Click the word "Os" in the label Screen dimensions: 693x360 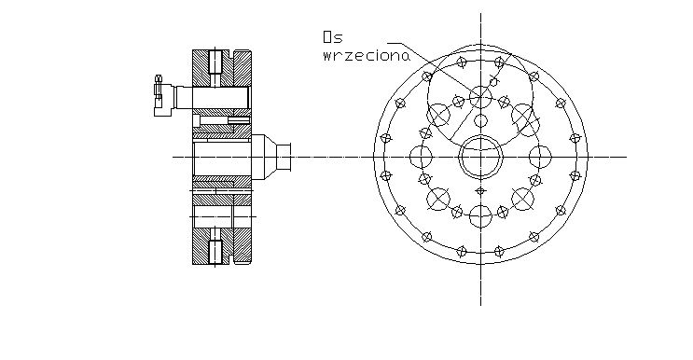click(x=333, y=37)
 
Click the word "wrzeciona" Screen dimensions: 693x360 click(x=367, y=56)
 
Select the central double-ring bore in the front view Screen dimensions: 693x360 click(x=480, y=157)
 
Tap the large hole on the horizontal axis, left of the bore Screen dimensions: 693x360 click(x=421, y=157)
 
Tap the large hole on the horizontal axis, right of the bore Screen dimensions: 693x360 click(x=540, y=157)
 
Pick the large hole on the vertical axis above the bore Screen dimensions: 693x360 click(x=480, y=97)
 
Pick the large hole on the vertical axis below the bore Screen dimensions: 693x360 click(x=480, y=216)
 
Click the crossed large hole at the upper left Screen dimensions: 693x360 click(x=438, y=115)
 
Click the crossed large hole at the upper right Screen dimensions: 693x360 click(x=523, y=115)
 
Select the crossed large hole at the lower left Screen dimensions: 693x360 click(x=438, y=199)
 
